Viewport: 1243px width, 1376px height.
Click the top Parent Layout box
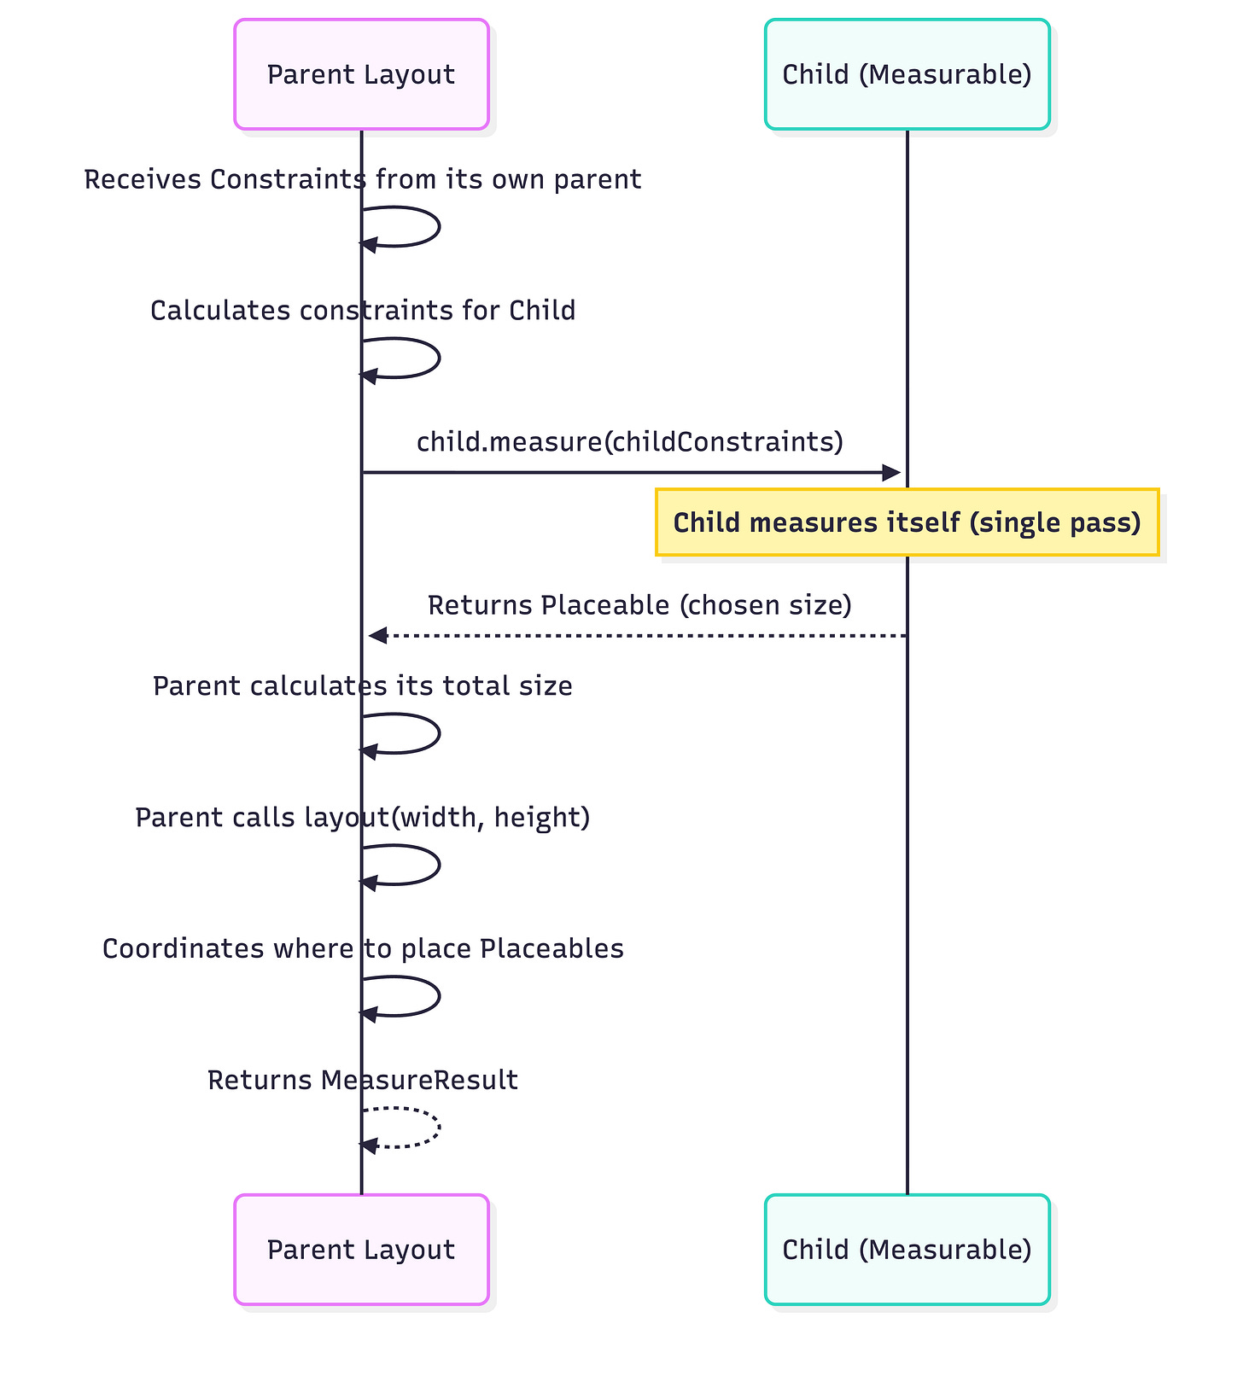(x=361, y=74)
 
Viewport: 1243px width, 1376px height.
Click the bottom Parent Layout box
(x=361, y=1250)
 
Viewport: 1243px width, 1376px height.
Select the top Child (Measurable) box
(x=907, y=74)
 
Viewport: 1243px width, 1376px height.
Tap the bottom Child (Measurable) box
(x=907, y=1250)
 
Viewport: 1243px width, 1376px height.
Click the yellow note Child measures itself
(x=907, y=522)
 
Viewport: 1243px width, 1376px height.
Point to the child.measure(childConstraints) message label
(x=630, y=442)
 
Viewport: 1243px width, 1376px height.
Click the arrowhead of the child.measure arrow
(x=892, y=472)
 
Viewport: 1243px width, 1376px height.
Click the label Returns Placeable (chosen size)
(x=639, y=605)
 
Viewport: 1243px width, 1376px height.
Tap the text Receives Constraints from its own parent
(x=363, y=180)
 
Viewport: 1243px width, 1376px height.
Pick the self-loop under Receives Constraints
(x=437, y=227)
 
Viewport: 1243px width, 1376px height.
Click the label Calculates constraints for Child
(x=363, y=311)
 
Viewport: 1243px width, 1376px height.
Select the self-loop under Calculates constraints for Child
(x=437, y=359)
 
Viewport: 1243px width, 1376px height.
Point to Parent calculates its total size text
(x=363, y=686)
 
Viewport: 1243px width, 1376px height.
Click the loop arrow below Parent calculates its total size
(x=437, y=733)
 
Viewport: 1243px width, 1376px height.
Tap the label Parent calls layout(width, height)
(x=363, y=818)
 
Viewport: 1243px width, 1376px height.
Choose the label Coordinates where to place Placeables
(x=363, y=949)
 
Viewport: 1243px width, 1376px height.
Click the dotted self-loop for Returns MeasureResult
(x=437, y=1128)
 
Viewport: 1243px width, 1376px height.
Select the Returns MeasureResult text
(x=363, y=1081)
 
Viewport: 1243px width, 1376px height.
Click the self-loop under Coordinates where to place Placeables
(x=437, y=996)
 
